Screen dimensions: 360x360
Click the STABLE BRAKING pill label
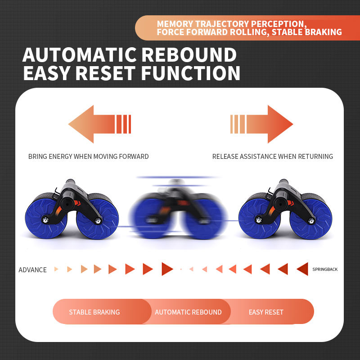[x=94, y=312]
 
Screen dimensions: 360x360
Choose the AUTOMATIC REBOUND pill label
[x=188, y=312]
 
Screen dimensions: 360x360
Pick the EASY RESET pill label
[x=266, y=312]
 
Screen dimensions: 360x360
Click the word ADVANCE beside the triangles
[x=32, y=270]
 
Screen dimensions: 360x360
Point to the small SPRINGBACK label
[x=325, y=270]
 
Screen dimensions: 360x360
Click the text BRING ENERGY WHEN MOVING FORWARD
[x=88, y=157]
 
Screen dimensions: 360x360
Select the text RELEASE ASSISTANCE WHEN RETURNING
[x=273, y=157]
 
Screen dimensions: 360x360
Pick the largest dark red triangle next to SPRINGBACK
[x=302, y=269]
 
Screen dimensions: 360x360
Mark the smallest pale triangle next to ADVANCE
[x=56, y=269]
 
